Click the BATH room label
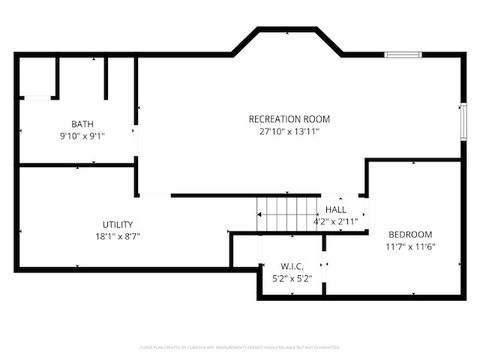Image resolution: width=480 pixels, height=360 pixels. (82, 124)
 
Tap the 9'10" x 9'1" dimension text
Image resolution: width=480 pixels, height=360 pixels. (82, 136)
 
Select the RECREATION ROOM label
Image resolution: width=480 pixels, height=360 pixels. (289, 119)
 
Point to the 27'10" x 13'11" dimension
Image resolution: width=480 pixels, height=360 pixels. (289, 131)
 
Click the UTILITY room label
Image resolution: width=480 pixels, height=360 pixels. (117, 224)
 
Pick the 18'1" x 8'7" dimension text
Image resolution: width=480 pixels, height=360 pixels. (117, 236)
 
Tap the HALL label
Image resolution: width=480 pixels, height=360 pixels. (335, 209)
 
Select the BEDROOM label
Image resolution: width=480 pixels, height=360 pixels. (410, 234)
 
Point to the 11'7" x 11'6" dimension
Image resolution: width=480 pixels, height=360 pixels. (410, 246)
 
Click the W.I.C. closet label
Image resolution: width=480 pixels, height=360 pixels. (292, 266)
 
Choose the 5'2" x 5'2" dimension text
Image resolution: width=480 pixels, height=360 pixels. (292, 278)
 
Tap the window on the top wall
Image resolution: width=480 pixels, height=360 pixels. (403, 54)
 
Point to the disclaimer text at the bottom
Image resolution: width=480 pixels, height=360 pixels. (240, 347)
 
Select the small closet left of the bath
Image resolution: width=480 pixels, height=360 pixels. (37, 76)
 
